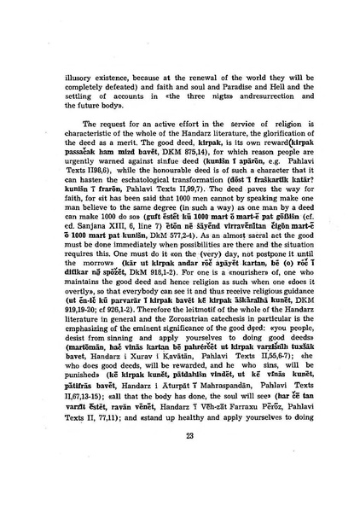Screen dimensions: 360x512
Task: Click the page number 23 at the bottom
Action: tap(179, 458)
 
